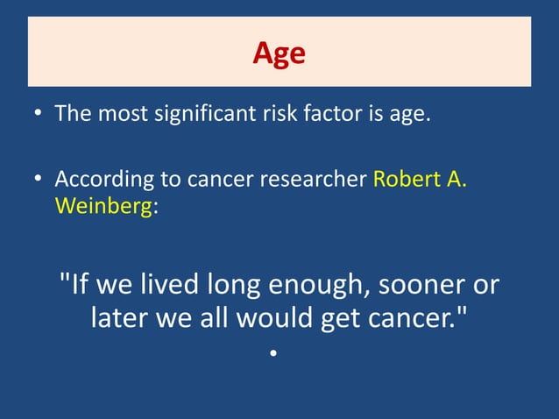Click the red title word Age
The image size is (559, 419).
tap(279, 53)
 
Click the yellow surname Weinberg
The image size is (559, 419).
tap(103, 209)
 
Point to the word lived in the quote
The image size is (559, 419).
tap(169, 285)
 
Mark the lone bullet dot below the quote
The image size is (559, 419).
tap(273, 354)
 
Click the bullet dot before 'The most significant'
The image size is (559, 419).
tap(39, 115)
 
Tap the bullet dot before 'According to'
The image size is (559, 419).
tap(39, 181)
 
